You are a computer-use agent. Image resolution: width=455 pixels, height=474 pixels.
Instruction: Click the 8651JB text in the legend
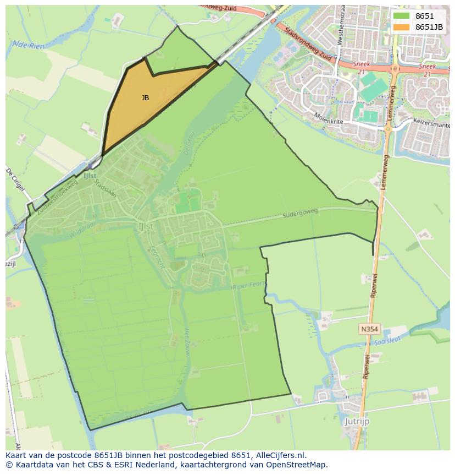pos(429,27)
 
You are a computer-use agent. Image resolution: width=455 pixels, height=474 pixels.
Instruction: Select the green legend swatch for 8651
pos(401,17)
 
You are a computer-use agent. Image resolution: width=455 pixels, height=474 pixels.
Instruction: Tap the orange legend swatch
pos(401,27)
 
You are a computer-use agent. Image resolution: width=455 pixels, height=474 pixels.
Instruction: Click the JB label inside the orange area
pos(145,98)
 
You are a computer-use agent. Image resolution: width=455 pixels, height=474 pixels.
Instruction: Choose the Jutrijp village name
pos(357,421)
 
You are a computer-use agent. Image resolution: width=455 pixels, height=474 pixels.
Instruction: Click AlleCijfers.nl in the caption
pos(279,455)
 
